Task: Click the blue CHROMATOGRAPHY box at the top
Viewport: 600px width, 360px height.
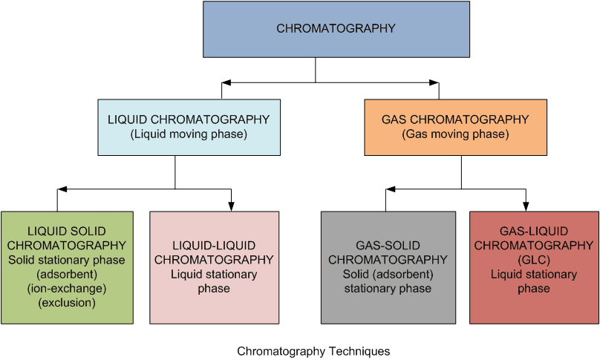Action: coord(336,30)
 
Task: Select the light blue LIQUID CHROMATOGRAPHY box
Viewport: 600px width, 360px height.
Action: coord(189,128)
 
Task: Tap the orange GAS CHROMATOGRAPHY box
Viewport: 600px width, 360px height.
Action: coord(455,128)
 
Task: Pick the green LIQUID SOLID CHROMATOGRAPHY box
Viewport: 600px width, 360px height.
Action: coord(67,268)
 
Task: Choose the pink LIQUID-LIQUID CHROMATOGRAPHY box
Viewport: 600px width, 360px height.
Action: coord(215,268)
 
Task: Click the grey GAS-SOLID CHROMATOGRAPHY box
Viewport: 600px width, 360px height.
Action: coord(388,268)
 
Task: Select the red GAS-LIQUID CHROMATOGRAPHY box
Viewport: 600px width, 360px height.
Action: coord(534,268)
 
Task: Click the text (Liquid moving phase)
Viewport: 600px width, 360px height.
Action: coord(189,134)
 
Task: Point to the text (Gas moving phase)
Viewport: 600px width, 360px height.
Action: coord(455,134)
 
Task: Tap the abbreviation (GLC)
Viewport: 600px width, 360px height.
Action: coord(534,260)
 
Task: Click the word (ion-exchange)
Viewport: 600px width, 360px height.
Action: coord(67,289)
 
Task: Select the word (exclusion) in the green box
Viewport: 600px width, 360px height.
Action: coord(67,303)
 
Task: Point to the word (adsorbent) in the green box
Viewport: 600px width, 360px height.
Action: coord(67,275)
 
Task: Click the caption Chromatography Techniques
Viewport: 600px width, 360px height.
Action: coord(313,351)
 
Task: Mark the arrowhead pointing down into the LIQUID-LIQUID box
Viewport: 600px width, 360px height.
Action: coord(231,206)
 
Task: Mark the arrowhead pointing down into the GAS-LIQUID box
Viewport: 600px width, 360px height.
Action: coord(526,206)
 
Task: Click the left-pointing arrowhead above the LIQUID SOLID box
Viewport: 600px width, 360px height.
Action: coord(62,189)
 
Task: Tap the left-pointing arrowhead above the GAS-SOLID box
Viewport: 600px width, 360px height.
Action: coord(391,189)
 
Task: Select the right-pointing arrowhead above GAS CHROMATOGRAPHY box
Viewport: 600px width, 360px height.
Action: coord(434,82)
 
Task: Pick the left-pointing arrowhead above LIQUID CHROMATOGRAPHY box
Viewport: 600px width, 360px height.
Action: coord(226,82)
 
